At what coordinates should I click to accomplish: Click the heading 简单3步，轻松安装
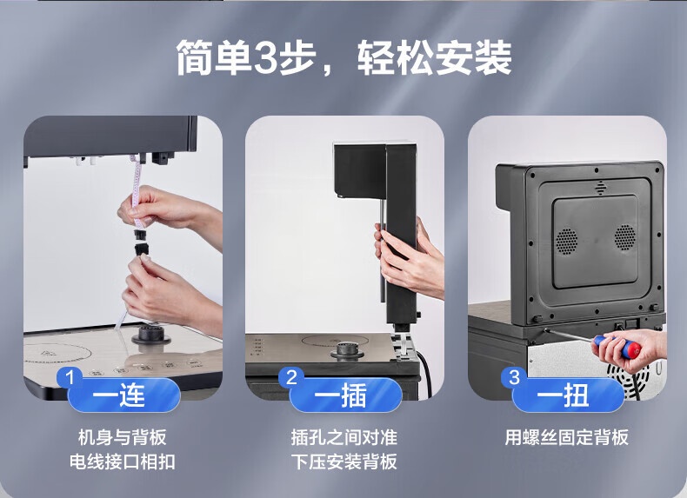[x=344, y=57]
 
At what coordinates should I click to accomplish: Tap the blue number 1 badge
[x=69, y=377]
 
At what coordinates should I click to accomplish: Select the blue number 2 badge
[x=291, y=377]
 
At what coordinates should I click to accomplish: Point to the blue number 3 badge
[x=513, y=377]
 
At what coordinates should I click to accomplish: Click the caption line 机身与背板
[x=123, y=437]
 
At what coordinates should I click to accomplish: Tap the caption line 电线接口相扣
[x=123, y=461]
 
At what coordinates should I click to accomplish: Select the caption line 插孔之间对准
[x=344, y=437]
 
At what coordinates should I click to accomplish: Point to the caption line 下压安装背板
[x=344, y=461]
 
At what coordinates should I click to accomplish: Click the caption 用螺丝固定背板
[x=566, y=437]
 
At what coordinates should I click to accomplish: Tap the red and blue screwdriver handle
[x=617, y=347]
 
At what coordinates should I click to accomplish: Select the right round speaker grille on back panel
[x=624, y=237]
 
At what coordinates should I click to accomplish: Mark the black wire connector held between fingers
[x=141, y=242]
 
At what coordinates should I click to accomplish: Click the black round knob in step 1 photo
[x=150, y=335]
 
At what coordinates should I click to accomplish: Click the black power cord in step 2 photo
[x=425, y=372]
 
